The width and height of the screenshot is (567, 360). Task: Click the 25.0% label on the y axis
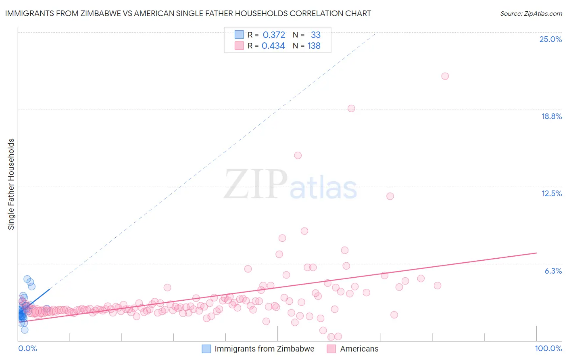pos(550,39)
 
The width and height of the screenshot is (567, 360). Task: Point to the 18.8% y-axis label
pos(551,116)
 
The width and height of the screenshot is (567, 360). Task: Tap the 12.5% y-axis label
pos(551,193)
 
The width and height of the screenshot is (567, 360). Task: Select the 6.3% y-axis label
pos(553,271)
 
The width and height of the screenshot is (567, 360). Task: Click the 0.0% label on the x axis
pos(27,348)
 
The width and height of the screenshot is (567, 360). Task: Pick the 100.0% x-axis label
pos(548,348)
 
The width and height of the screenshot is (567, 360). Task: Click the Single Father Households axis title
pos(11,184)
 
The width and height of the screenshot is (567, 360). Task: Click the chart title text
pos(188,13)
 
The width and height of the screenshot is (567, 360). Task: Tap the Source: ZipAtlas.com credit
pos(531,13)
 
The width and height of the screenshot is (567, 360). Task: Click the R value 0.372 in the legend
pos(274,35)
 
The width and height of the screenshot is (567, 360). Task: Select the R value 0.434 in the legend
pos(273,46)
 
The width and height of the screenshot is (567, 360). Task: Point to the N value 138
pos(314,46)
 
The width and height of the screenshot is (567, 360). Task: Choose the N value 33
pos(316,35)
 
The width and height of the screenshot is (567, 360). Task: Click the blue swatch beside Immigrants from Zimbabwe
pos(206,349)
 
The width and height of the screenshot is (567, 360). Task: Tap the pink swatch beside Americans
pos(331,349)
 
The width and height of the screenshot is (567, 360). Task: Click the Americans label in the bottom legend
pos(359,349)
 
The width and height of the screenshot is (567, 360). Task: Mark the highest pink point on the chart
pos(445,76)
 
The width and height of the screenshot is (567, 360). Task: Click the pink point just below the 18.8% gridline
pos(351,109)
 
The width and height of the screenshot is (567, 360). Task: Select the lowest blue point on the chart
pos(25,330)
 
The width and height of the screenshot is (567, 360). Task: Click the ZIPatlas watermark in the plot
pos(290,185)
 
